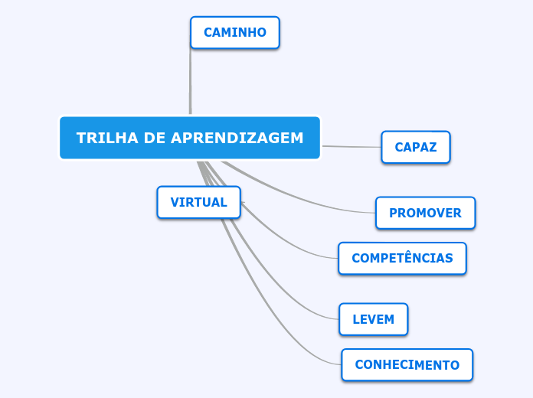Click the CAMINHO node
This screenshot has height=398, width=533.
point(234,33)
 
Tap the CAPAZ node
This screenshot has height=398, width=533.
point(416,148)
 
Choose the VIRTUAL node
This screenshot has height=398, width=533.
point(198,203)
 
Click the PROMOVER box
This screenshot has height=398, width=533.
point(425,214)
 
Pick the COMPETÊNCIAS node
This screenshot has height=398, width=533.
point(402,259)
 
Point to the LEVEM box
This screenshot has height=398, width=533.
point(373,320)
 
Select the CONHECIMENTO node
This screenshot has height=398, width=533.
point(407,365)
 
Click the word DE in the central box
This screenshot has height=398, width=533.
point(152,139)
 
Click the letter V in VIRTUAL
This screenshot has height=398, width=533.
point(175,203)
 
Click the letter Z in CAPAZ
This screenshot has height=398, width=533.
point(433,148)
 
